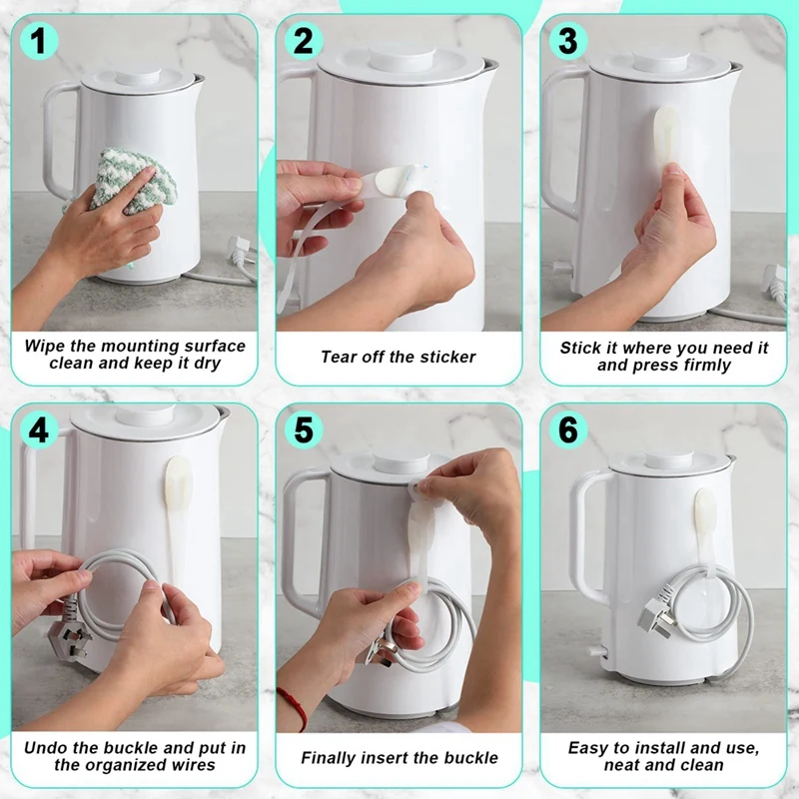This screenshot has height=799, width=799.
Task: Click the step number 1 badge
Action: tap(39, 40)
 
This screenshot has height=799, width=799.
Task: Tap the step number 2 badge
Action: tap(304, 40)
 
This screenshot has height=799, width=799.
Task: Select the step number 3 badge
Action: tap(568, 40)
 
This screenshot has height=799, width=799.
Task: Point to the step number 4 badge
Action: tap(39, 429)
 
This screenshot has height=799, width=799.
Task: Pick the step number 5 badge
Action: tap(304, 429)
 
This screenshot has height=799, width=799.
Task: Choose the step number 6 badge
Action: tap(568, 429)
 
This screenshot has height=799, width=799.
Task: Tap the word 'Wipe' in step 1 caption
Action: tap(45, 346)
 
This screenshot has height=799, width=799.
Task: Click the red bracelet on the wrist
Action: tap(294, 707)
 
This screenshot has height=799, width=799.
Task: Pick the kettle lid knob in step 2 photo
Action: tap(402, 58)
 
